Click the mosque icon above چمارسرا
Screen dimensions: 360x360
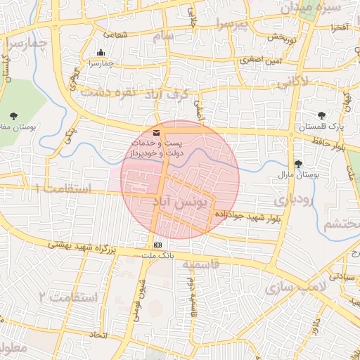pos(101,52)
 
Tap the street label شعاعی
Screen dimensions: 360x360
pos(116,34)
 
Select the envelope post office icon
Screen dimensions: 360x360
pos(156,133)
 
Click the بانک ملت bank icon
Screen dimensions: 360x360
pos(157,244)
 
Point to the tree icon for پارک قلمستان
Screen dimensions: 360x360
pos(321,115)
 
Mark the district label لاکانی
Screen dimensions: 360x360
pos(292,82)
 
